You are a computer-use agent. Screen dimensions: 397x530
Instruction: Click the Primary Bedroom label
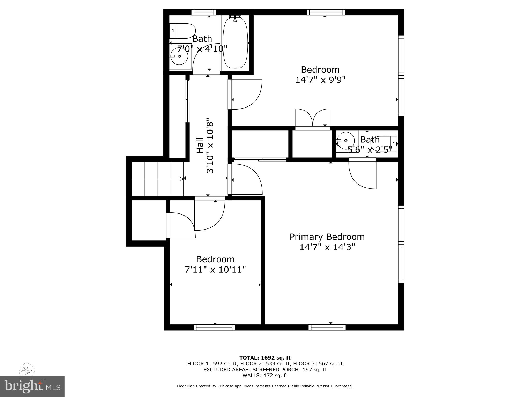click(327, 237)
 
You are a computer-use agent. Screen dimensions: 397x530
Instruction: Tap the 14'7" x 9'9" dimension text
click(320, 80)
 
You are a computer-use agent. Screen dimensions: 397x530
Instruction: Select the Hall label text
click(200, 145)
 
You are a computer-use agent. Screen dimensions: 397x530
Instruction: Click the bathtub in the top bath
click(235, 43)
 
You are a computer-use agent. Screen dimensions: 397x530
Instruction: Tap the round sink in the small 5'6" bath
click(346, 141)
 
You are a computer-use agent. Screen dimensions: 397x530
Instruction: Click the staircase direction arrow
click(181, 179)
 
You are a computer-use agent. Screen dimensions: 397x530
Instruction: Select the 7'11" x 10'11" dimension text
click(215, 270)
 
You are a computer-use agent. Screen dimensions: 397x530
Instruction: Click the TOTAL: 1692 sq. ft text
click(265, 358)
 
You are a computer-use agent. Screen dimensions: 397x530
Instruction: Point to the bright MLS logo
click(32, 386)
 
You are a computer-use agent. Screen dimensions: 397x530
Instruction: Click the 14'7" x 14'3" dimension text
click(327, 247)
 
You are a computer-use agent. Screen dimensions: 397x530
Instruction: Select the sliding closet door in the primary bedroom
click(260, 159)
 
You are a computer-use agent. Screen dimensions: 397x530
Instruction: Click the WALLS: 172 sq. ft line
click(265, 375)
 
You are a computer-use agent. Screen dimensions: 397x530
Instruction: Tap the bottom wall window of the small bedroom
click(214, 327)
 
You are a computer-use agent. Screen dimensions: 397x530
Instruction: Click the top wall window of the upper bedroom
click(326, 12)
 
